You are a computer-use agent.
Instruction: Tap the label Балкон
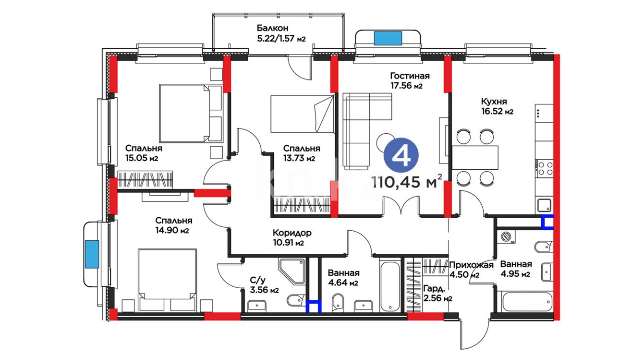pos(272,28)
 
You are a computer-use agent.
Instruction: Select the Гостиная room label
pos(410,76)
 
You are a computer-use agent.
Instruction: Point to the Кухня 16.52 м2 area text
pos(497,106)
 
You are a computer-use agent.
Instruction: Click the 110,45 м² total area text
pos(407,182)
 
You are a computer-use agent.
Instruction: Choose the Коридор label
pos(292,233)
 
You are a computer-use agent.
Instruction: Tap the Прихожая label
pos(471,265)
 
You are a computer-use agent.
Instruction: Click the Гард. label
pos(434,289)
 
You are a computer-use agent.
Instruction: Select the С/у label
pos(258,280)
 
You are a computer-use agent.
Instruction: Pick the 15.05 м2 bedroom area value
pos(142,158)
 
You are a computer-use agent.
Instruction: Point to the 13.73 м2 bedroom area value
pos(299,158)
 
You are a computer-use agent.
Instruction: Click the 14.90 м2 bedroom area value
pos(172,230)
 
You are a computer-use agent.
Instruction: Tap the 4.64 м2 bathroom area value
pos(343,283)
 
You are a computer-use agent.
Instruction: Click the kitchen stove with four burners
pos(545,168)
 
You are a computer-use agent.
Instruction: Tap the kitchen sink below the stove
pos(544,205)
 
